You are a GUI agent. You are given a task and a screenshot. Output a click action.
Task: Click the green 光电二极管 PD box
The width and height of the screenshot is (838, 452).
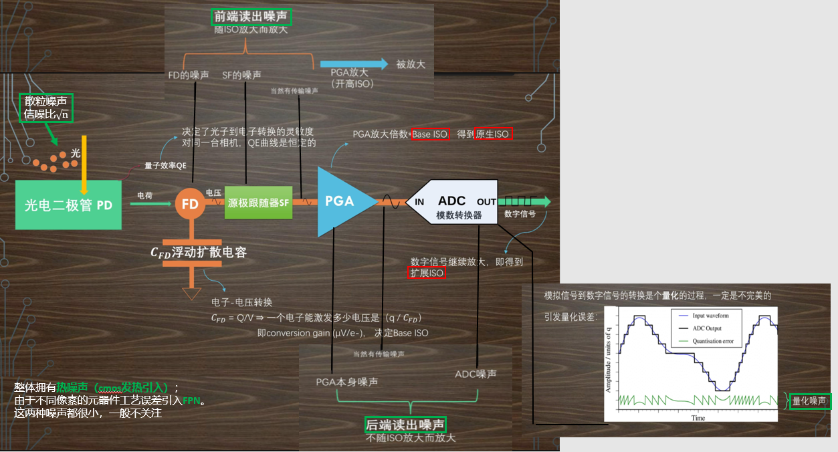(x=68, y=205)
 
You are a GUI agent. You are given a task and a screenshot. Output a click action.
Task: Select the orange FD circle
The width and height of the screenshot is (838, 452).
(x=190, y=204)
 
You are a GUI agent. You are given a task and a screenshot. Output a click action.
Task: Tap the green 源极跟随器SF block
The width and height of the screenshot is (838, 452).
(x=258, y=203)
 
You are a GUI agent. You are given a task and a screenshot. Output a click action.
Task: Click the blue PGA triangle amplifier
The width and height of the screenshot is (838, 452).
(x=341, y=201)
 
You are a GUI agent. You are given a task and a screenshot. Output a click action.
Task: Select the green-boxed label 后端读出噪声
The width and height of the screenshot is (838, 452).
(x=405, y=424)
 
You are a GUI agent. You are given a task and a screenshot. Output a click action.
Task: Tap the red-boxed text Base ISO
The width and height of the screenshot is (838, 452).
(x=430, y=134)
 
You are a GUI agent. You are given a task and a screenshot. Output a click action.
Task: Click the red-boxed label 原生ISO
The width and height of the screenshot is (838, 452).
(x=494, y=134)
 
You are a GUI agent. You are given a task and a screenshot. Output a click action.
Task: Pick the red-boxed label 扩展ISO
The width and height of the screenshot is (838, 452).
(x=427, y=273)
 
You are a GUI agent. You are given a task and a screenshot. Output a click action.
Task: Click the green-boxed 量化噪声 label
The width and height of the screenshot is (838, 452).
(x=809, y=401)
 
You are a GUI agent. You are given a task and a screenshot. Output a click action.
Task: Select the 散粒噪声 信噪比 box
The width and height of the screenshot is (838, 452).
(x=45, y=108)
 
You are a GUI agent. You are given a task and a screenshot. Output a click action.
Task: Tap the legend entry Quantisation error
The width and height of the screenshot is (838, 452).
(x=712, y=341)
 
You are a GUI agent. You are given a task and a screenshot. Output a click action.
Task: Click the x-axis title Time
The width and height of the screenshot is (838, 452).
(x=698, y=418)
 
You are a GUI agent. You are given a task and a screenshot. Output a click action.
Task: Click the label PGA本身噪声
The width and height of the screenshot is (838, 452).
(x=346, y=381)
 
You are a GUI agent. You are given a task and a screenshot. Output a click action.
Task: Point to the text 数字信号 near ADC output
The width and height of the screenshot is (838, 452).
(x=521, y=214)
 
